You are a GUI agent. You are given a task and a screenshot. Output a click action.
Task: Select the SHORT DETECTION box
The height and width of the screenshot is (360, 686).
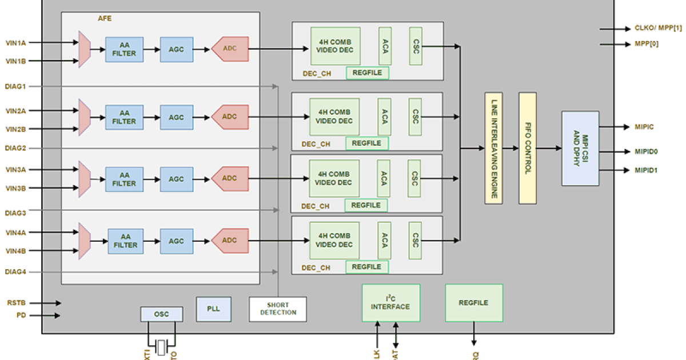pos(278,309)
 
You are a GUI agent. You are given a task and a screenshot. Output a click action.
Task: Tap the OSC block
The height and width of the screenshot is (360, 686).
pos(162,314)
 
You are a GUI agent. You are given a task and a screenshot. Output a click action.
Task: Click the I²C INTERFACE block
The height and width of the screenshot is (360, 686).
pos(390,303)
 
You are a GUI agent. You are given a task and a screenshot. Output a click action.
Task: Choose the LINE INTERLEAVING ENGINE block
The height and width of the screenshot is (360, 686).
pos(493,148)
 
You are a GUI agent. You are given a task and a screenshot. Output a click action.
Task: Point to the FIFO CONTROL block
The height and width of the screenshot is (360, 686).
pos(527,148)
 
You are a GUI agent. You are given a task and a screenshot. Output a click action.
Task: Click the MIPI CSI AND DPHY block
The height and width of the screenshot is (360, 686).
pos(580,148)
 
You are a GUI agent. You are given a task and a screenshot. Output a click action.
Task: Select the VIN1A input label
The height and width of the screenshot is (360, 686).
pos(16,42)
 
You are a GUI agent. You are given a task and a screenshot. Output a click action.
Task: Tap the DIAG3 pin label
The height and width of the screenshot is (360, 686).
pos(16,213)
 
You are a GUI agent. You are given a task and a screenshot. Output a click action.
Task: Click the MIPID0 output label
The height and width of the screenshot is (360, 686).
pos(647,151)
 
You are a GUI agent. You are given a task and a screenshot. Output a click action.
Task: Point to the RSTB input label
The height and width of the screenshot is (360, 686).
pos(16,303)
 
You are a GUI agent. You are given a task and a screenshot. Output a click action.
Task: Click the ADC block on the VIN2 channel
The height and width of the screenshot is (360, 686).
pos(230,117)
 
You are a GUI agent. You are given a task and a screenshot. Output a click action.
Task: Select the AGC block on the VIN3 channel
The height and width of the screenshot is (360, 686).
pos(176,179)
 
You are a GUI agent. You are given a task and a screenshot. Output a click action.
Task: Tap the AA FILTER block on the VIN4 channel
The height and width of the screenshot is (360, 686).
pos(125,241)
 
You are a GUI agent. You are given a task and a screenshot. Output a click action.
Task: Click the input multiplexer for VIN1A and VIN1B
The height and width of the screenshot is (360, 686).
pos(85,50)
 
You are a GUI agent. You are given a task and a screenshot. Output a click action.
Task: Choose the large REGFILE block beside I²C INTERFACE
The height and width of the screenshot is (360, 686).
pos(474,303)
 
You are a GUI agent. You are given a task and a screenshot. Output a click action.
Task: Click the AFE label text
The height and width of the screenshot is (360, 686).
pos(105,18)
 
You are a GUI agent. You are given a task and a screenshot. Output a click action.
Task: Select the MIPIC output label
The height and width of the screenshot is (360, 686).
pos(644,126)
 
